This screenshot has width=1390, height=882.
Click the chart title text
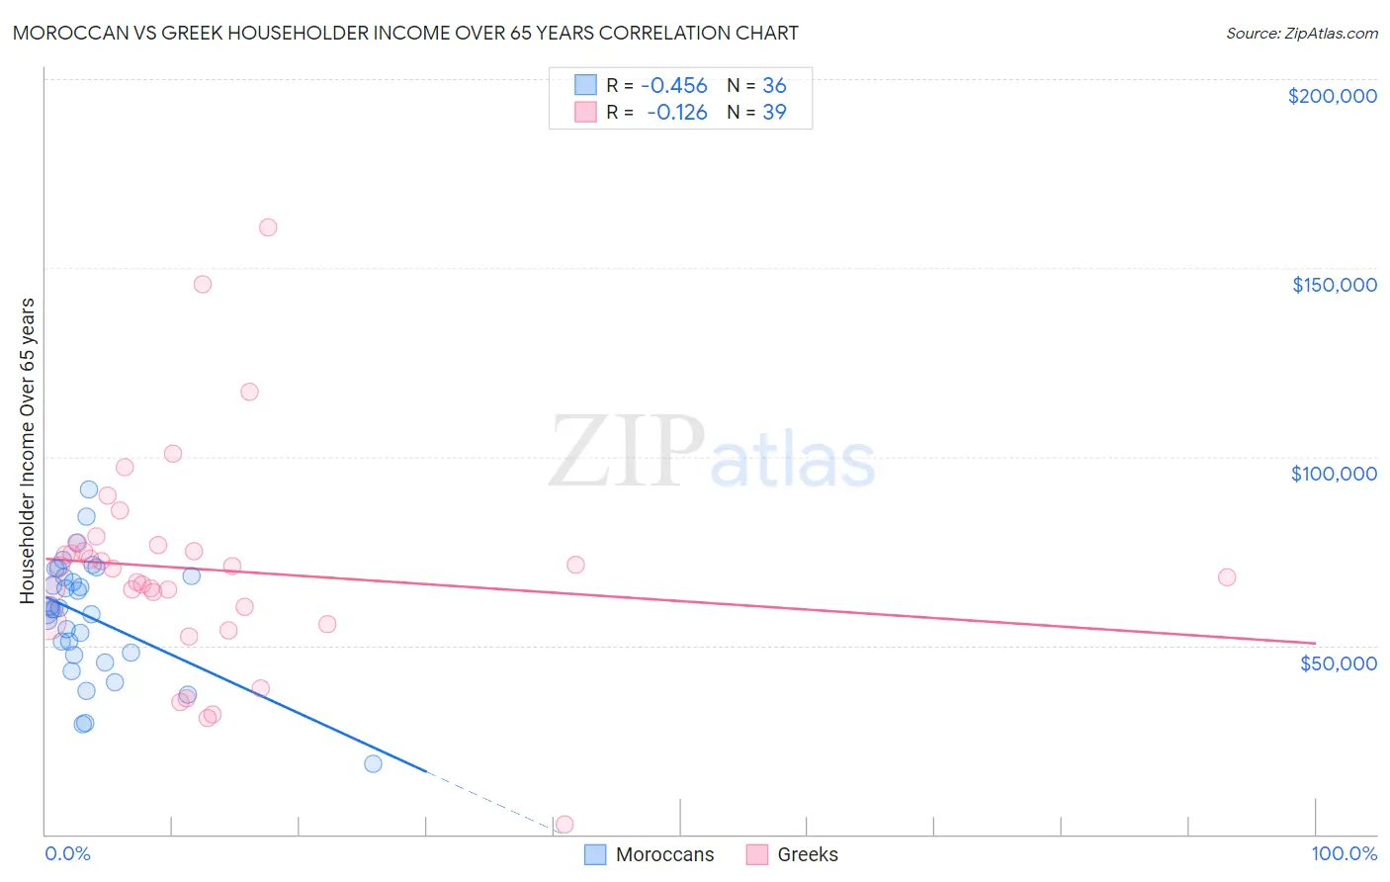click(x=405, y=33)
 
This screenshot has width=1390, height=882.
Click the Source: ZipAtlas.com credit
click(x=1301, y=33)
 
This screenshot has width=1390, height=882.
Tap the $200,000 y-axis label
click(x=1332, y=96)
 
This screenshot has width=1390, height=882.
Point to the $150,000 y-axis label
click(x=1334, y=285)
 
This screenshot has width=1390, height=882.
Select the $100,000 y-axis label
click(x=1334, y=474)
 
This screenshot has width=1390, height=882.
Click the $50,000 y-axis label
click(x=1338, y=662)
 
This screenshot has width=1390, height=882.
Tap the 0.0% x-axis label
click(x=67, y=853)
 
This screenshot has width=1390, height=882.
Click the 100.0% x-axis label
click(x=1344, y=853)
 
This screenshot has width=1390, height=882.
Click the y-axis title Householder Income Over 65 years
click(x=28, y=450)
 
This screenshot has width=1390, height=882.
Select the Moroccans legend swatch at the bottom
click(x=595, y=854)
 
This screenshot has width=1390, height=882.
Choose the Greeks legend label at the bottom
click(x=807, y=854)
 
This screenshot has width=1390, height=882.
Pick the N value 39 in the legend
click(x=774, y=113)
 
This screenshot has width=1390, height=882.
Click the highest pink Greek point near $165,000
click(x=268, y=227)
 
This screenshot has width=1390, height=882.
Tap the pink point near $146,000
click(x=203, y=285)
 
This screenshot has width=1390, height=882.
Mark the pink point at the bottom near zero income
click(x=565, y=824)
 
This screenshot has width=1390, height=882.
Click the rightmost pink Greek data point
click(x=1227, y=577)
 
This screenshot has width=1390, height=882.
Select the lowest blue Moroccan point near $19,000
click(x=373, y=763)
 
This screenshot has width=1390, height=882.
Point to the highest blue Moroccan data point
click(x=89, y=489)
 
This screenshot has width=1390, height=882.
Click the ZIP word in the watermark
click(x=627, y=453)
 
